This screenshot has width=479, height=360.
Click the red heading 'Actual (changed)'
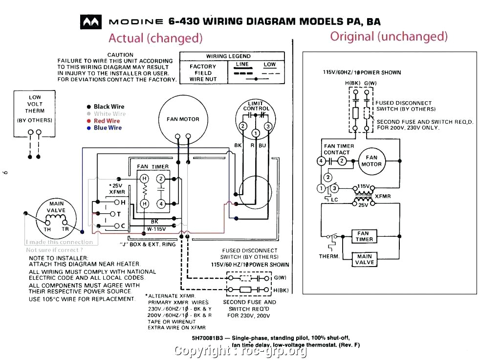[x=155, y=38]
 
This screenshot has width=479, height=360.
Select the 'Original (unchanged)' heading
[x=389, y=36]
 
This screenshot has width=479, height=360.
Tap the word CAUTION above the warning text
[x=120, y=55]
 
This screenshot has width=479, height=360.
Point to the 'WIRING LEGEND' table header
[x=228, y=56]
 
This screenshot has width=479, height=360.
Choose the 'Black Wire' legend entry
[x=109, y=107]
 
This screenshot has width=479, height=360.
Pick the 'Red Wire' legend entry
[x=107, y=121]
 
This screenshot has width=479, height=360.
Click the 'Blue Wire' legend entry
[x=108, y=128]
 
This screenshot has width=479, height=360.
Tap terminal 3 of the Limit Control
[x=268, y=127]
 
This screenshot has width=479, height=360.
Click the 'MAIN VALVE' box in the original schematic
[x=364, y=259]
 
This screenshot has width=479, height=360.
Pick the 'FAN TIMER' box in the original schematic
[x=364, y=236]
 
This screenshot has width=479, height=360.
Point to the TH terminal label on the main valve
[x=47, y=229]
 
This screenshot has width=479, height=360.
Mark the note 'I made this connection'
[x=60, y=242]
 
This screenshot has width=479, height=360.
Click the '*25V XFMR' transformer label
[x=117, y=189]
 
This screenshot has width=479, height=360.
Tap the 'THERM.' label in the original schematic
[x=329, y=256]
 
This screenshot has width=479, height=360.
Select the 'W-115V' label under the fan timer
[x=156, y=228]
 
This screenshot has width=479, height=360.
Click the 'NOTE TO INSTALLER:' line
[x=59, y=258]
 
